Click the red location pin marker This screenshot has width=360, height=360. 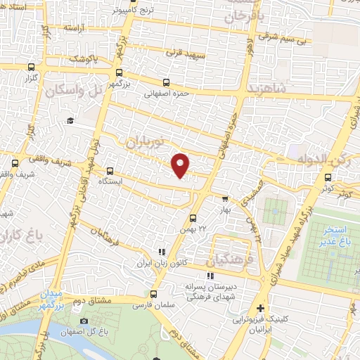pos(181,165)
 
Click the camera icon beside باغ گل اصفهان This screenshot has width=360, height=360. pos(84,321)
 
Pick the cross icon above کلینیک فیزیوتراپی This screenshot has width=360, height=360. pos(262,308)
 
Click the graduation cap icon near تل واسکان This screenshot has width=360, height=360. pos(70,121)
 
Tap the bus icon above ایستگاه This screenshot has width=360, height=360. pos(110,171)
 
